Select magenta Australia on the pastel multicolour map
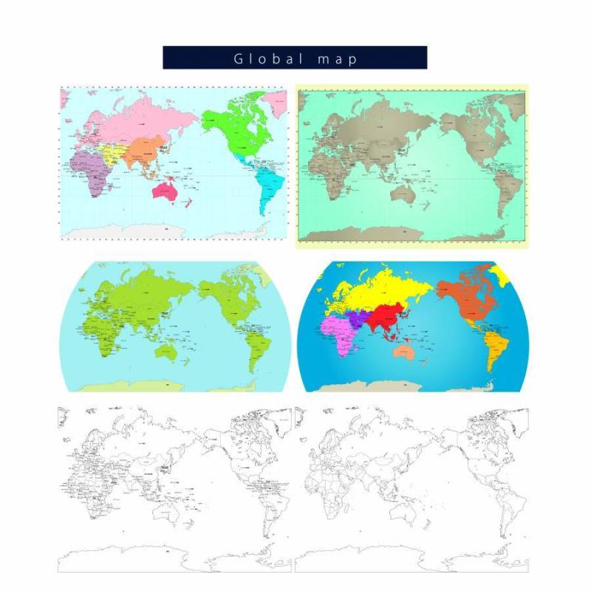pyautogui.click(x=164, y=191)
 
